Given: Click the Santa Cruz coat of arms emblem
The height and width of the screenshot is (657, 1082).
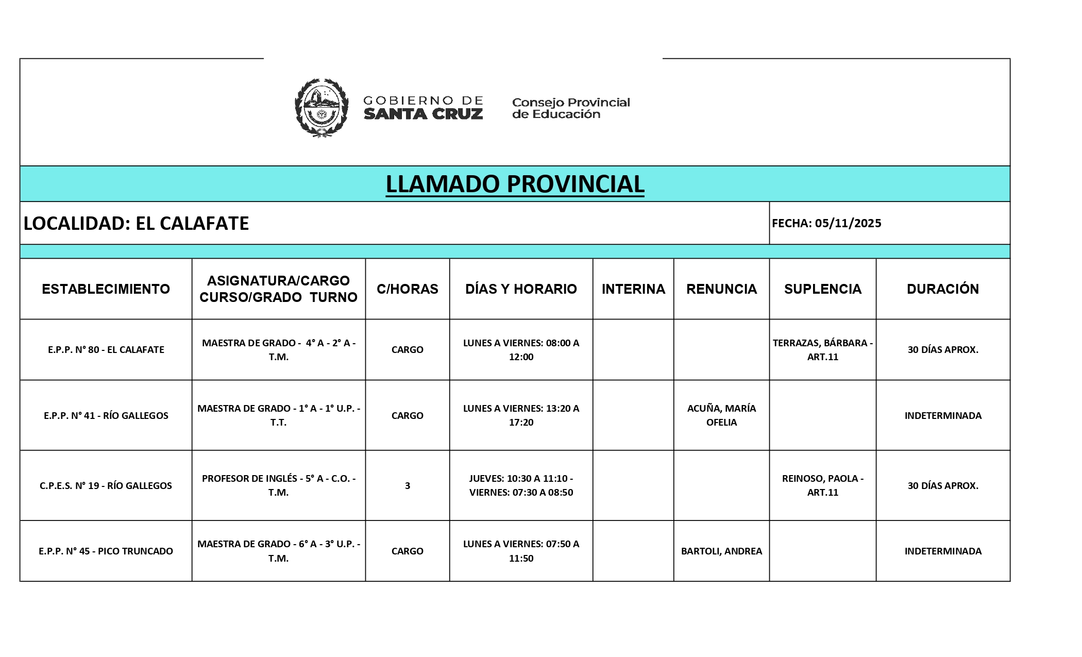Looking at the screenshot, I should pos(321,108).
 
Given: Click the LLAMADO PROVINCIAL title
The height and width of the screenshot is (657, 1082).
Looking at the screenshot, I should pos(515,184).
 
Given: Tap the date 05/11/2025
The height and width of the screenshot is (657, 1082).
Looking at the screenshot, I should pos(848,223).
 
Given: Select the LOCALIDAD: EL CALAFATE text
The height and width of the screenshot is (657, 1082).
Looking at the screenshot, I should pos(136,223).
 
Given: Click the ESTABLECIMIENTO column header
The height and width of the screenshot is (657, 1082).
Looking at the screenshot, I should pos(106,289).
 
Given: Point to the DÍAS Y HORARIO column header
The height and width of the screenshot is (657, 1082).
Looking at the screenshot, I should pos(521,289).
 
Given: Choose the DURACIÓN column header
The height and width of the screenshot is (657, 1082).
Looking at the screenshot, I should pos(942,289).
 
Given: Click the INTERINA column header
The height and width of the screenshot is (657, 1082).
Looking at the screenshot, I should pos(633,289).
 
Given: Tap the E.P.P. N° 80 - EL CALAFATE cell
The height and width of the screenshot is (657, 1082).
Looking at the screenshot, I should pos(106,349).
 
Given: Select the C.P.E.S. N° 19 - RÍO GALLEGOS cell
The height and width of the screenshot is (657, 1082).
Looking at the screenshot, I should pos(106,485).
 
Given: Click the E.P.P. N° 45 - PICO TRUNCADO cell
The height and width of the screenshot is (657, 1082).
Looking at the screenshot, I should pos(106,551).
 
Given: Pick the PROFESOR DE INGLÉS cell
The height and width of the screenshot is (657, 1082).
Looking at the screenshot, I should pos(278,485).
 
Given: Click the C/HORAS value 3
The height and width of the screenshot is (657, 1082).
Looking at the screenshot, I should pos(408,485).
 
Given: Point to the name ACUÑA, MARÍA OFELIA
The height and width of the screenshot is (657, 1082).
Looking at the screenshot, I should pos(721,415).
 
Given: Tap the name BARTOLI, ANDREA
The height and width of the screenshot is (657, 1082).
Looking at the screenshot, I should pos(721,551).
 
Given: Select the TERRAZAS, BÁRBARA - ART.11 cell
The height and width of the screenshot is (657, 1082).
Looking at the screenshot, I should pos(822,350).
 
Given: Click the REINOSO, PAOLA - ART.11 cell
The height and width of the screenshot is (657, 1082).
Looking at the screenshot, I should pos(822,485).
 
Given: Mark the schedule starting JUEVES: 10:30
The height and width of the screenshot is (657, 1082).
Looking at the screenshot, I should pos(521,485).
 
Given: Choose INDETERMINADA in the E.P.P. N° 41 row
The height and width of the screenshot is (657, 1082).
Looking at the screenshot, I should pos(943,415).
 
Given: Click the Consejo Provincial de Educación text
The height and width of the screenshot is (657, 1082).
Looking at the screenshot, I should pos(571,108).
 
